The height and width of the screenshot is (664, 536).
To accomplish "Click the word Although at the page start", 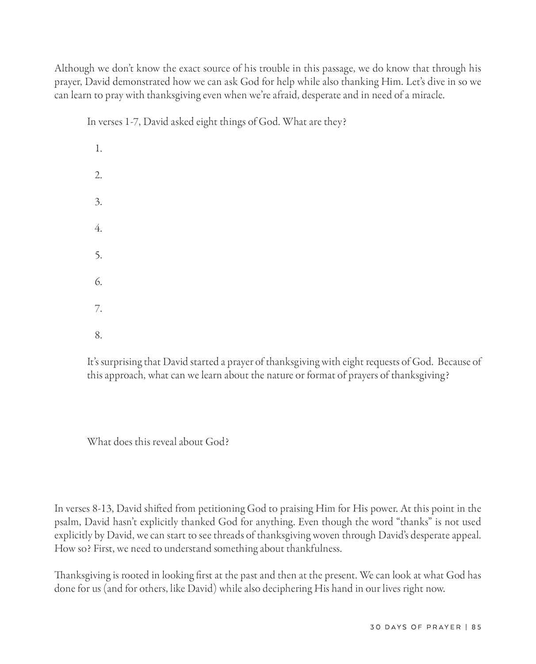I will tap(74, 69).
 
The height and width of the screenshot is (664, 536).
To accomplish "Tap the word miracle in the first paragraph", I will tap(428, 95).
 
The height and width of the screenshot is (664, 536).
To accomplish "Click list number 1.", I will tap(98, 149).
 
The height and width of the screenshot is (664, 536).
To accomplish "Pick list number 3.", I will tap(98, 202).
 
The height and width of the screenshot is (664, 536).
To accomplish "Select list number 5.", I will tap(98, 255).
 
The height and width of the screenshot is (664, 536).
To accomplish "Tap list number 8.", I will tap(98, 336).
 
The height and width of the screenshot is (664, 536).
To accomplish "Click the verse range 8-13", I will tap(99, 509).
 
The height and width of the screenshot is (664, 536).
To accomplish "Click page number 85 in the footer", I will tap(476, 627).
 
